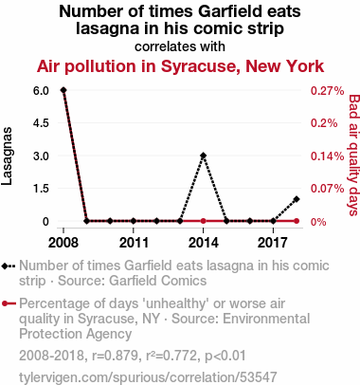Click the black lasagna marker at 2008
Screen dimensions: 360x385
pyautogui.click(x=63, y=90)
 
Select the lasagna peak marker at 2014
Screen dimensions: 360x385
pyautogui.click(x=204, y=156)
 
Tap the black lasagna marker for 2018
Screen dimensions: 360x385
pyautogui.click(x=297, y=199)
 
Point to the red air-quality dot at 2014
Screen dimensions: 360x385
pyautogui.click(x=204, y=221)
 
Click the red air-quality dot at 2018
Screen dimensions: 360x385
pyautogui.click(x=297, y=221)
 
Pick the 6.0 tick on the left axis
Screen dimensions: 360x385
pyautogui.click(x=41, y=91)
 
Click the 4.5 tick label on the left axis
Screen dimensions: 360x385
pyautogui.click(x=41, y=123)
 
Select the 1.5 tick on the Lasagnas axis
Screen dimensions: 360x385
pyautogui.click(x=41, y=189)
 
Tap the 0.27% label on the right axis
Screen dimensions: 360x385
pyautogui.click(x=327, y=91)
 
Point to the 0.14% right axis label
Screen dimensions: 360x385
pyautogui.click(x=327, y=156)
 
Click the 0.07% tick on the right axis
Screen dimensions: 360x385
pyautogui.click(x=327, y=189)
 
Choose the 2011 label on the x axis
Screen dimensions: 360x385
pyautogui.click(x=134, y=243)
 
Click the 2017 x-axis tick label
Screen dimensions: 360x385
pyautogui.click(x=273, y=243)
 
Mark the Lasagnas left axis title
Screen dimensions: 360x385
pyautogui.click(x=7, y=156)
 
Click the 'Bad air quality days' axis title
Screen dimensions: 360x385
pyautogui.click(x=353, y=156)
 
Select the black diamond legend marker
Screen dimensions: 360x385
pyautogui.click(x=5, y=266)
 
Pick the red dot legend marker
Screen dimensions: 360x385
pyautogui.click(x=5, y=303)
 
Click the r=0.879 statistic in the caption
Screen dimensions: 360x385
pyautogui.click(x=115, y=356)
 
